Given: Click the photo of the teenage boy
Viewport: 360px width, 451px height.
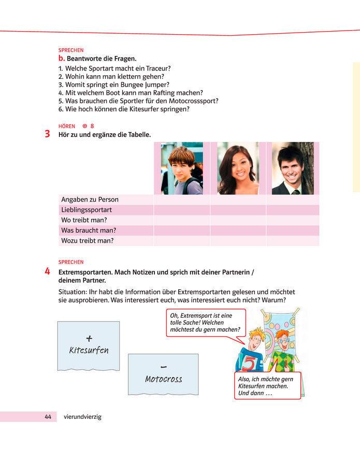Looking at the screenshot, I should (181, 169).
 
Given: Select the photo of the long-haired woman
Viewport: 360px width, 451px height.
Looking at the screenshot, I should (238, 169).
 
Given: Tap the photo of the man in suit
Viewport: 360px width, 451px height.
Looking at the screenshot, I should (293, 169).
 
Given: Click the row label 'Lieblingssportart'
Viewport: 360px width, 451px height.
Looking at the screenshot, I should (87, 210).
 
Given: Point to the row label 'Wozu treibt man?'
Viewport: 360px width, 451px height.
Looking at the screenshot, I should (88, 241).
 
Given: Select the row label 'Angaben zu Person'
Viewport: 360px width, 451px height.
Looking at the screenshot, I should (90, 200).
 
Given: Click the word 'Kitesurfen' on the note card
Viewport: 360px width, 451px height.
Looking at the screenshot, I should (89, 350).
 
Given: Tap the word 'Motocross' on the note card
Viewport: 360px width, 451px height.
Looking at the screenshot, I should (163, 379).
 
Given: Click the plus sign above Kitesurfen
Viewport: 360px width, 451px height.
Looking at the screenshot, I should (89, 338).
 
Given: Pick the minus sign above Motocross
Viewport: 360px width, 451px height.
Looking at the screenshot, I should (163, 367).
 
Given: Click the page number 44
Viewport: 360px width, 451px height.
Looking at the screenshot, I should (48, 416).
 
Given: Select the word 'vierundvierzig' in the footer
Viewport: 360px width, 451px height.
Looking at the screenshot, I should (82, 416).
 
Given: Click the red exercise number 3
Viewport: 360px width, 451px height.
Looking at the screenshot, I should (47, 134).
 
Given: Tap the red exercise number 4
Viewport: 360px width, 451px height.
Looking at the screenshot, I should (47, 271).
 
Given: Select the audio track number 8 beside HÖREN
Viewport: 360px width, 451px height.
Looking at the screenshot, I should (92, 126).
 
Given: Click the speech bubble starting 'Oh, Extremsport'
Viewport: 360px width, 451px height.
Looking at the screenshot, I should (205, 322).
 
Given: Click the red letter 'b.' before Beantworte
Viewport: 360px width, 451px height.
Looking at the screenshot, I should (62, 59).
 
